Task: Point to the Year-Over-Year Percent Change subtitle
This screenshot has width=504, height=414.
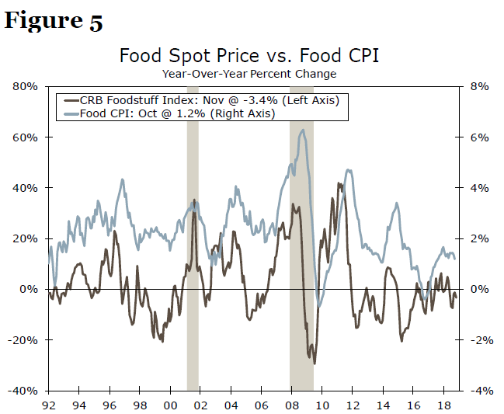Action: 249,74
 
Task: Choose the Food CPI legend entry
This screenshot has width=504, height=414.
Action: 178,113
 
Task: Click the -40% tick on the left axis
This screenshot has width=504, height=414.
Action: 23,391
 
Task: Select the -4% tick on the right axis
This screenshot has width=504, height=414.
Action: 479,391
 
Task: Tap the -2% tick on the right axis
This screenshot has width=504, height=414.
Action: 479,340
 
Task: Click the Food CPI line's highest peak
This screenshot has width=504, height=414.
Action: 303,130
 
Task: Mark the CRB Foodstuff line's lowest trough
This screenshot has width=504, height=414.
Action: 315,363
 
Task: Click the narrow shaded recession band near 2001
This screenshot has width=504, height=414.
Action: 193,233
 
